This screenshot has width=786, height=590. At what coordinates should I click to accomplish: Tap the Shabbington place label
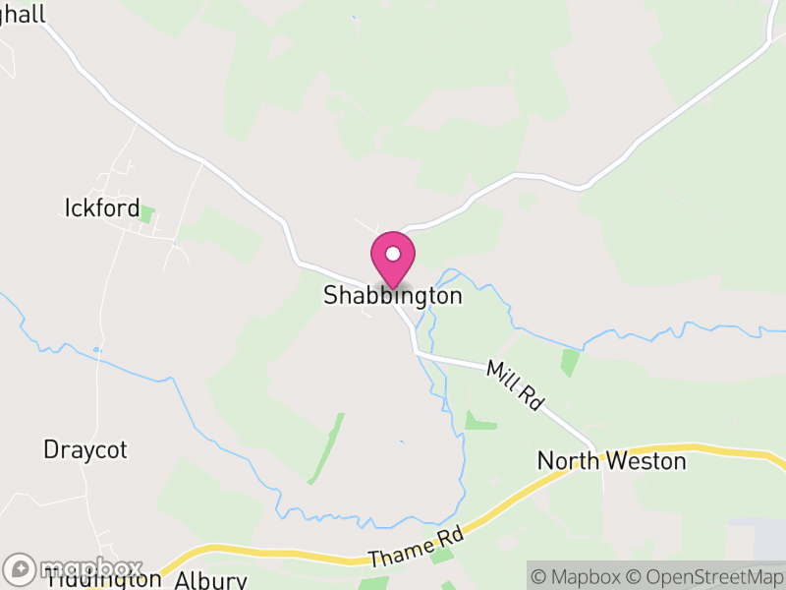(392, 296)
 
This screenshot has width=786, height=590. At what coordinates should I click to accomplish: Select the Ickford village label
(95, 207)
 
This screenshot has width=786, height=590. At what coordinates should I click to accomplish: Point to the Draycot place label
(85, 450)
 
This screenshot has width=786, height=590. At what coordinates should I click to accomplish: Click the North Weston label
(611, 460)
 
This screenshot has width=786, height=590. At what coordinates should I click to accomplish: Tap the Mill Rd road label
(515, 384)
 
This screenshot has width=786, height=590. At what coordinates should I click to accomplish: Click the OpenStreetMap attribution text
(705, 576)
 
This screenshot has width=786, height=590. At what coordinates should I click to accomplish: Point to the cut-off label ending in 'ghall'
(24, 17)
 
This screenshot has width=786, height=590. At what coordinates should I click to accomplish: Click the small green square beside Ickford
(146, 212)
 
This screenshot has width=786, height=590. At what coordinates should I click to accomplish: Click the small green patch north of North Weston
(570, 362)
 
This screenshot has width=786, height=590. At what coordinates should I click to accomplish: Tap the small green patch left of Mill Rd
(479, 422)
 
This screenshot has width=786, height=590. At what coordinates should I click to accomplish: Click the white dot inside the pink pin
(392, 254)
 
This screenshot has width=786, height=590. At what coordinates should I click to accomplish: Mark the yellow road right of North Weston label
(737, 453)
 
